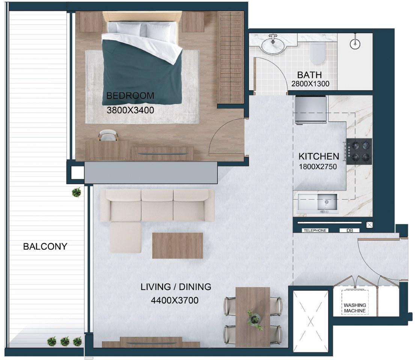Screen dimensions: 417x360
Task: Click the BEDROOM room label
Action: click(x=130, y=96)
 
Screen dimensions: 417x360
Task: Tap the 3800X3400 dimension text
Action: click(x=130, y=110)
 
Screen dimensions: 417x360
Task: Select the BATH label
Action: click(x=309, y=75)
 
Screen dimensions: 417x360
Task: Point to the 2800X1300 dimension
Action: click(x=310, y=84)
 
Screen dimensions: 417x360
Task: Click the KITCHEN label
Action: click(x=319, y=156)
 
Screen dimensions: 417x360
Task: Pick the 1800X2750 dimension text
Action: click(x=318, y=167)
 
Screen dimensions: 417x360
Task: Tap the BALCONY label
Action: click(x=45, y=246)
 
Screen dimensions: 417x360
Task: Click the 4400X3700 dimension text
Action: click(x=175, y=300)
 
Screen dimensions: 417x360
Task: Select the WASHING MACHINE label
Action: click(x=355, y=308)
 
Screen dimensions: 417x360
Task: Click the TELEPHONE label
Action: click(x=315, y=230)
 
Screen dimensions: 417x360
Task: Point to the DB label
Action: click(x=350, y=231)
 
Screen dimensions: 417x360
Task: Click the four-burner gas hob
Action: click(x=359, y=151)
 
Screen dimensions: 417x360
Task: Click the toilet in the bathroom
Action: click(x=318, y=53)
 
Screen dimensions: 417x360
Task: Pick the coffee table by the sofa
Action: click(x=178, y=246)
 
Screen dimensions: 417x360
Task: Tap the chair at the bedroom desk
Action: click(x=108, y=135)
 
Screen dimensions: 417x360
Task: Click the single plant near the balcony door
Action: click(x=77, y=192)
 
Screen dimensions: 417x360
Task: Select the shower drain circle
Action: click(x=355, y=44)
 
